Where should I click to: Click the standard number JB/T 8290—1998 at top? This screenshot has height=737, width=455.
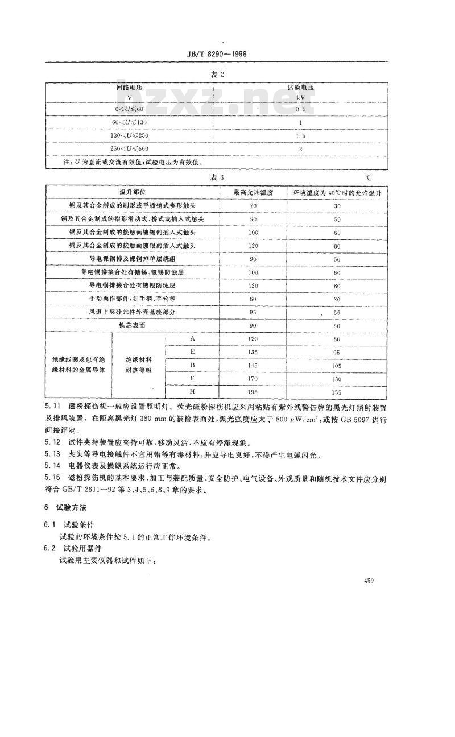tap(224, 55)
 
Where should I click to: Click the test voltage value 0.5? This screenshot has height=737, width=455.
tap(301, 108)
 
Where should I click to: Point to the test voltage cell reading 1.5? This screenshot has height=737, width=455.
tap(301, 135)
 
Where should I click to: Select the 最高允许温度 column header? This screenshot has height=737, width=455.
tap(254, 193)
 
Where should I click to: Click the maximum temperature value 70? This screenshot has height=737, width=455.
tap(254, 206)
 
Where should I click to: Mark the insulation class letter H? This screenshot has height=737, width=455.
tap(193, 392)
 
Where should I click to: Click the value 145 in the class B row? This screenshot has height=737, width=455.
tap(254, 365)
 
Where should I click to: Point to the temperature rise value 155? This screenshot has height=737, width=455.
tap(337, 392)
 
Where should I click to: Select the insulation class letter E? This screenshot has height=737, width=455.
tap(193, 351)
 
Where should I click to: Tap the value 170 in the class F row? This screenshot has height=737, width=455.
tap(254, 378)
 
